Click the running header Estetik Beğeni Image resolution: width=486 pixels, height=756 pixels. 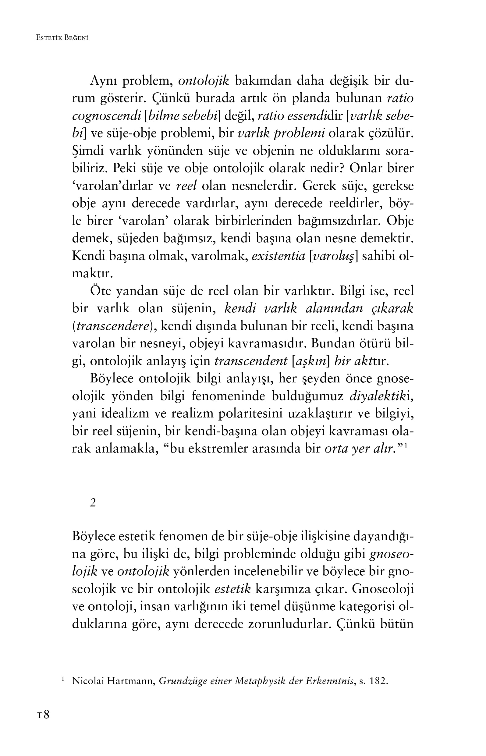coord(62,38)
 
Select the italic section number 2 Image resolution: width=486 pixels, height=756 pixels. coord(93,503)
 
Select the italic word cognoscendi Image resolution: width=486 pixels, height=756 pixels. coord(106,116)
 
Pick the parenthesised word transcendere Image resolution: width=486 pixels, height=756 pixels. coord(112,326)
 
